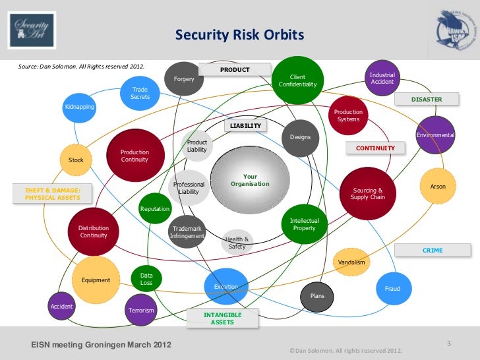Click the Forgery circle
coord(183,80)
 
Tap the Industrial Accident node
coord(382,78)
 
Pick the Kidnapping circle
coord(79,107)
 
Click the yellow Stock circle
coord(76,160)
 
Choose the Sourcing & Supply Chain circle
coord(367,193)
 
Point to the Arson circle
coord(438,187)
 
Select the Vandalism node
coord(351,262)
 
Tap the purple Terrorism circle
coord(140,310)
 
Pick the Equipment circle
coord(96,280)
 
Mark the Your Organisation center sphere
coord(249,181)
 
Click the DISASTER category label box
coord(426,99)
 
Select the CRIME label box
coord(432,251)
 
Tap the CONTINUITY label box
coord(375,148)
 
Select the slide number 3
coord(448,344)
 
